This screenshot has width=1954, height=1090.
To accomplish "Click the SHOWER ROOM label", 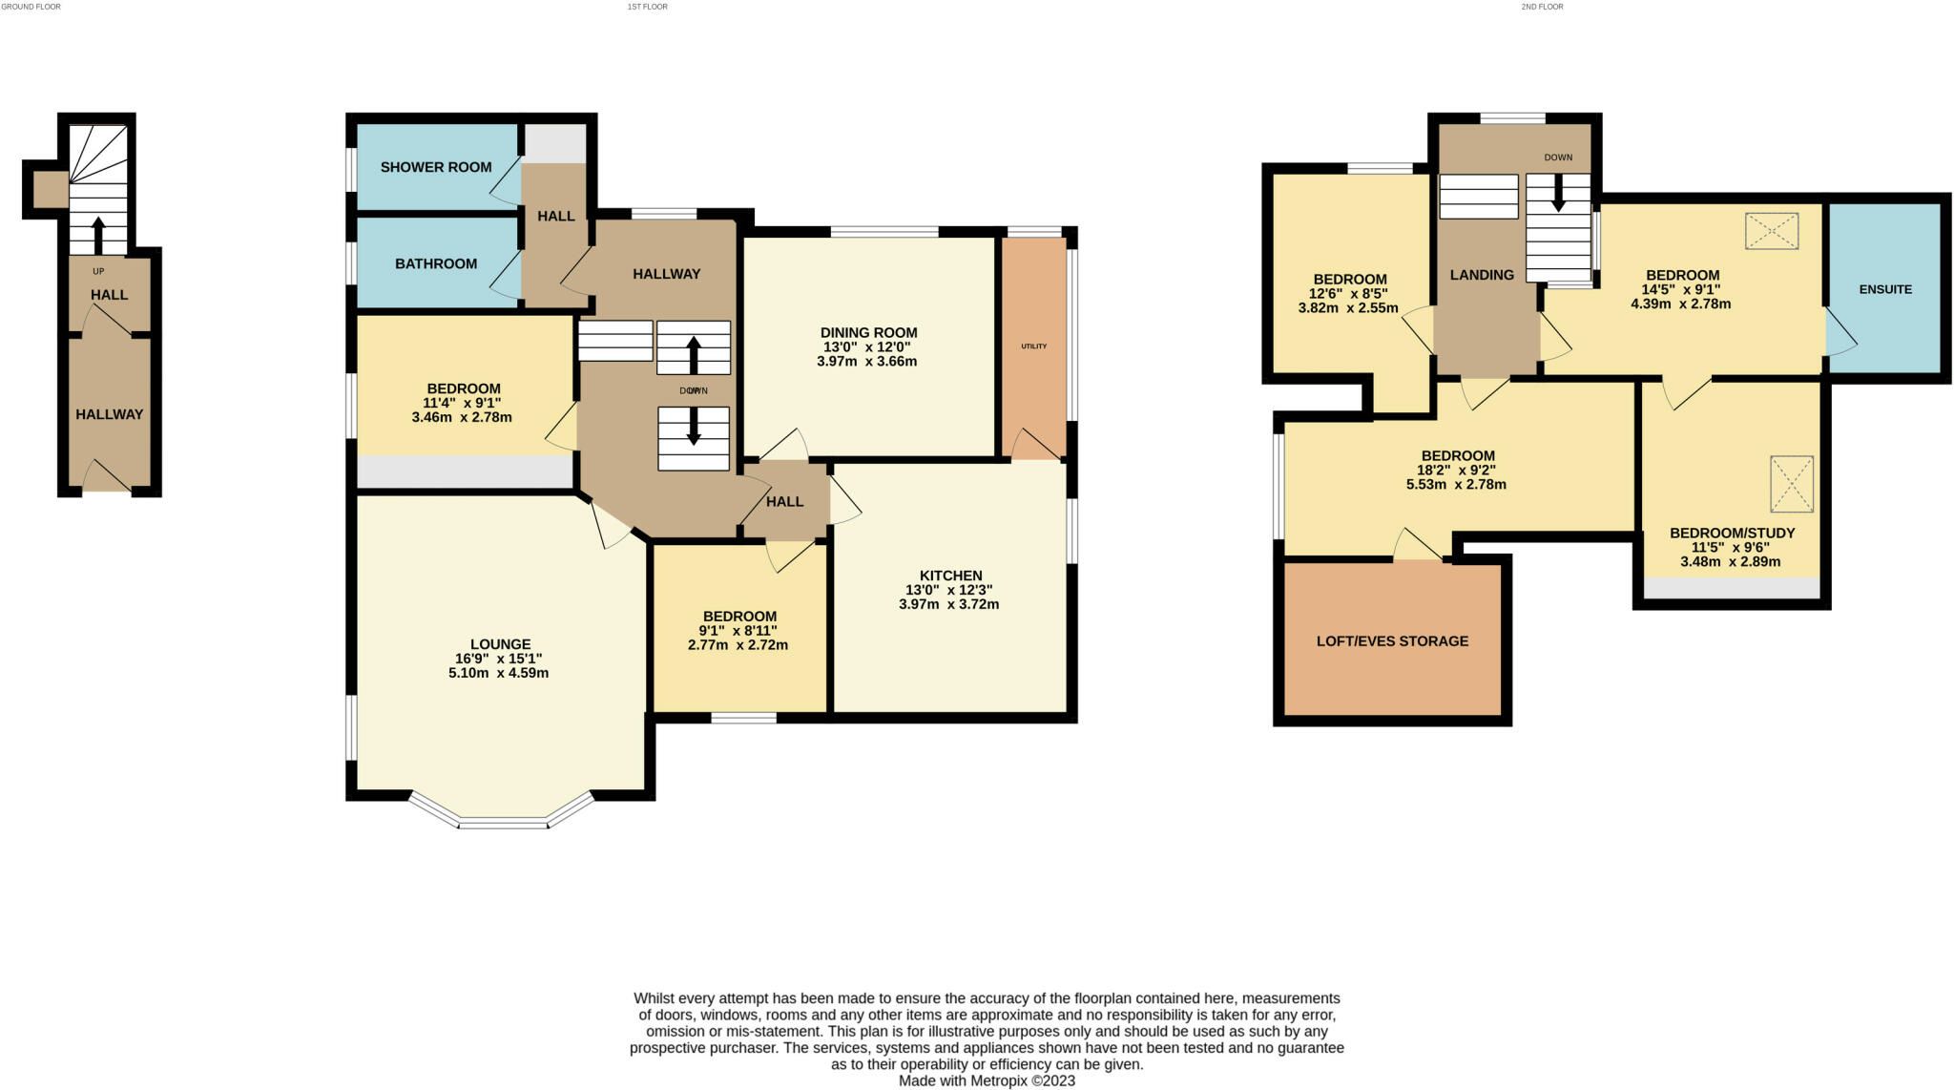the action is [x=436, y=167].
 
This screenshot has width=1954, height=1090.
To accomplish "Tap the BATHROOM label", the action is [x=436, y=263].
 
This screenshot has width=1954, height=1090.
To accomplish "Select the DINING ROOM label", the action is [x=868, y=333].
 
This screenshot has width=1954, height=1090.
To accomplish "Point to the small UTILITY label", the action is [x=1033, y=346].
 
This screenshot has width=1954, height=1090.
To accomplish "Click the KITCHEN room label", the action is [x=950, y=576].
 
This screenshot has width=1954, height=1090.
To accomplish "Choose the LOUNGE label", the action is [x=500, y=644].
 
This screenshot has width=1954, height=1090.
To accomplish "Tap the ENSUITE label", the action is [x=1885, y=289].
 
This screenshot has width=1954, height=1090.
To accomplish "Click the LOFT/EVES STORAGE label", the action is [x=1392, y=641].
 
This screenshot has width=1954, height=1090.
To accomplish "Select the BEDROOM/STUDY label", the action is [x=1732, y=533].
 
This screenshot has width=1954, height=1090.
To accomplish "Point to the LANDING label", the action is [x=1482, y=275].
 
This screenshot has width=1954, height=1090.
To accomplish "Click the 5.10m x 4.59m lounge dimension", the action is [x=498, y=673].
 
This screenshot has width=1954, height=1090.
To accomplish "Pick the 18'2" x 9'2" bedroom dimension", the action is [x=1456, y=470].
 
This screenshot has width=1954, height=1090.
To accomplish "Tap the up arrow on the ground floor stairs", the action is [x=98, y=235].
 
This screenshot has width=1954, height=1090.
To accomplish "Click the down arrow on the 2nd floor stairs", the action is [x=1558, y=192].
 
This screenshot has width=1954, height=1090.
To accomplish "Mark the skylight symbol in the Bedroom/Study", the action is [x=1792, y=484].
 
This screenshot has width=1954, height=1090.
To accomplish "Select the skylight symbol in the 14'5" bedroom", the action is [x=1772, y=231].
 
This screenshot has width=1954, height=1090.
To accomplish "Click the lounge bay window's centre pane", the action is [x=502, y=823].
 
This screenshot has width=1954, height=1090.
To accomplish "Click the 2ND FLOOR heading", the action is [x=1542, y=7].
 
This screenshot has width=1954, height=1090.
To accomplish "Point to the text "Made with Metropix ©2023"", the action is [x=987, y=1081].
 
